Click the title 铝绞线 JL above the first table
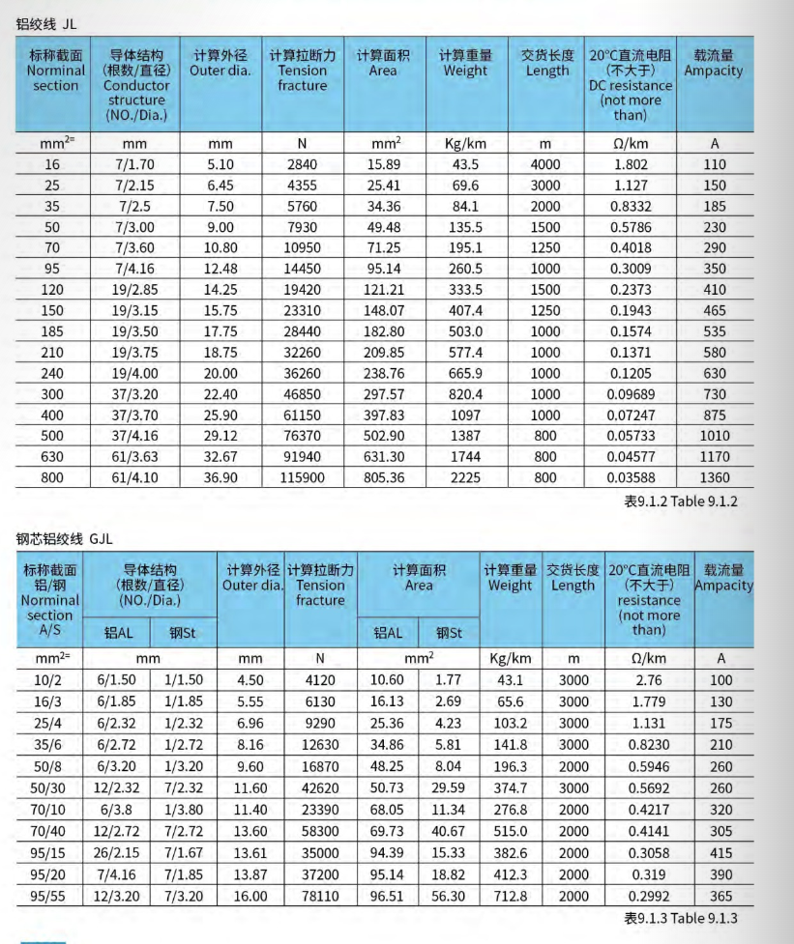[x=45, y=23]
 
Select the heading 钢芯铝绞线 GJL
[x=64, y=539]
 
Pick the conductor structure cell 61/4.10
[x=134, y=476]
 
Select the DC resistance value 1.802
[x=631, y=164]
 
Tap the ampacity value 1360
[x=715, y=476]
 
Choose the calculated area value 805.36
[x=384, y=476]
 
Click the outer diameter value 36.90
[x=221, y=476]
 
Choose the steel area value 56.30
[x=448, y=896]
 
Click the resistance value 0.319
[x=649, y=874]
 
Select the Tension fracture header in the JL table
[x=302, y=71]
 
